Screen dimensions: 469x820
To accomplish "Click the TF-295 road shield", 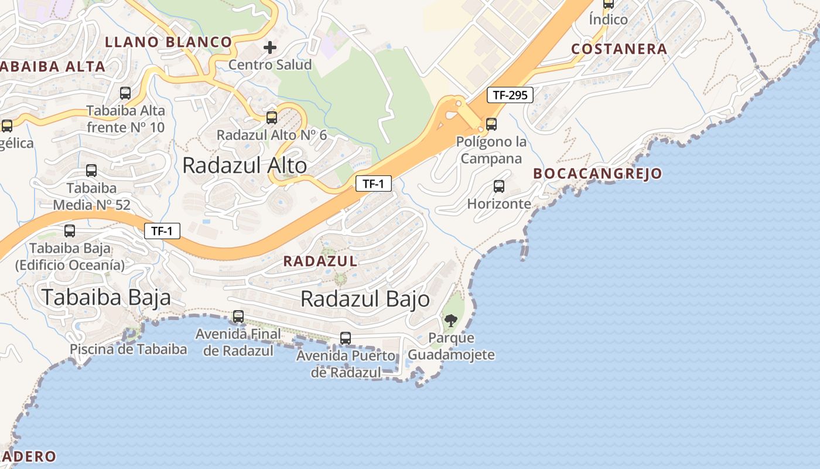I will point(510,95).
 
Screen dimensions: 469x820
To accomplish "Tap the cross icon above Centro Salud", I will point(270,47).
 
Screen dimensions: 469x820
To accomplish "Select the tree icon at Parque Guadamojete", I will point(450,320).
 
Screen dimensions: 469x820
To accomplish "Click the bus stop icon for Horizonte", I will point(499,186).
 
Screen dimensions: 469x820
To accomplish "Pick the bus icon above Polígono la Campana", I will point(491,124).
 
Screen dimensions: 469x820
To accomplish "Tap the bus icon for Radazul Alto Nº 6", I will point(272,117).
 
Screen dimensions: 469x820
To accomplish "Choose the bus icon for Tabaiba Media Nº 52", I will point(91,171).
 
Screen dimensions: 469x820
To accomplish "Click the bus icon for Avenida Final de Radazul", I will point(238,317).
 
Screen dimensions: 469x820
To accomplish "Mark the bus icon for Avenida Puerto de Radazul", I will point(346,338).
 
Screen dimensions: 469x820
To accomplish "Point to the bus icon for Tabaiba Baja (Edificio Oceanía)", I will point(70,231).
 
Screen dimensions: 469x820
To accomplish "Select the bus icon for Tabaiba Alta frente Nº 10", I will point(125,93).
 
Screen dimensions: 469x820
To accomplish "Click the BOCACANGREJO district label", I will point(597,174).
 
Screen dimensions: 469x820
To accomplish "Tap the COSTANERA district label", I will point(619,49).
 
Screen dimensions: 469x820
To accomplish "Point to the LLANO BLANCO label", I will point(169,42).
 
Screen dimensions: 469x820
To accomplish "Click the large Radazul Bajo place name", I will point(365,299).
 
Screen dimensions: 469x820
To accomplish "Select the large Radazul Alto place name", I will point(244,165).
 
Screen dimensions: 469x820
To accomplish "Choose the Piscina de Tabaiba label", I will point(128,349).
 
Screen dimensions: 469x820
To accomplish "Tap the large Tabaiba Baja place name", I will point(106,297).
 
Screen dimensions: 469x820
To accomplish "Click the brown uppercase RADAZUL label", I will point(320,261).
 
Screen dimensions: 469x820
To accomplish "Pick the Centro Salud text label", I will point(270,64).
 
